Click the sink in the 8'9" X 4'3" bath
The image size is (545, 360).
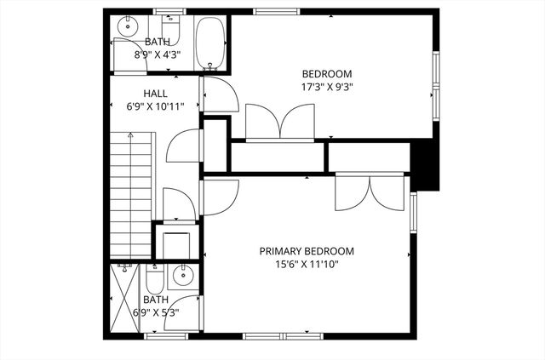pyautogui.click(x=127, y=25)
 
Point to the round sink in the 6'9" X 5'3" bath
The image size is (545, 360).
pyautogui.click(x=182, y=275)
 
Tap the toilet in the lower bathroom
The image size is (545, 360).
pyautogui.click(x=155, y=280)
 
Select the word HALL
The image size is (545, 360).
pyautogui.click(x=155, y=94)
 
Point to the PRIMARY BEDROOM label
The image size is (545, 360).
pyautogui.click(x=307, y=251)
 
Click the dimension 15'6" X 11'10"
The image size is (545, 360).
pyautogui.click(x=307, y=264)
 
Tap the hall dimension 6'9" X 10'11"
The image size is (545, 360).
pyautogui.click(x=155, y=106)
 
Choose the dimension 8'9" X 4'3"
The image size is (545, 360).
pyautogui.click(x=157, y=54)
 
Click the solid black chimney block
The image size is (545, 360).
pyautogui.click(x=424, y=165)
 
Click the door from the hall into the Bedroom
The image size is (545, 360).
pyautogui.click(x=214, y=94)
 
